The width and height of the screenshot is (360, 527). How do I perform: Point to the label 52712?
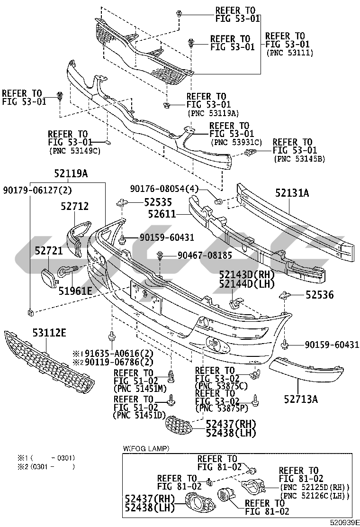coord(74,206)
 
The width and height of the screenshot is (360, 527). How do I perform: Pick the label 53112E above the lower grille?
coord(49,333)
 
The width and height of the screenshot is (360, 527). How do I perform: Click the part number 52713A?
coord(301,399)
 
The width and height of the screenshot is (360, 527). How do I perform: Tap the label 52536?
coord(319,295)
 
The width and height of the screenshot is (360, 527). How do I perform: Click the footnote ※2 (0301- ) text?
coord(46,467)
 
